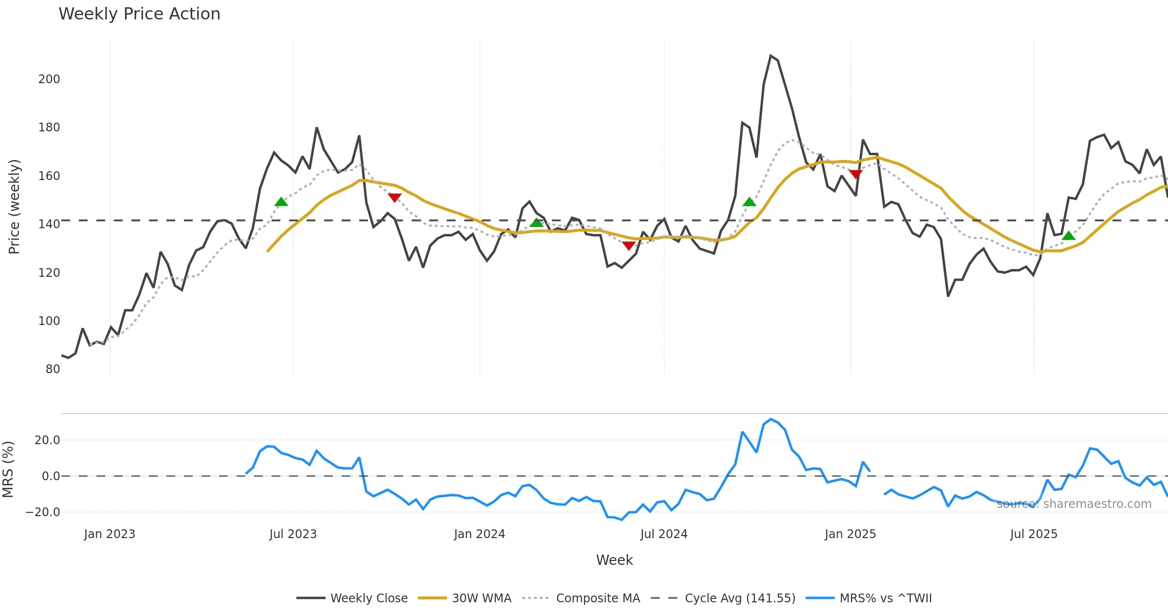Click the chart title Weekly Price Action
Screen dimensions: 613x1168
point(139,14)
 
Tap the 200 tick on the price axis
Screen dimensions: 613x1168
point(49,79)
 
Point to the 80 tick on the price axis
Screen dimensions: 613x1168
point(53,369)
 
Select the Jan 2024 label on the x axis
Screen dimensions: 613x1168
point(479,534)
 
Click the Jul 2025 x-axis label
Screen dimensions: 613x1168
point(1034,534)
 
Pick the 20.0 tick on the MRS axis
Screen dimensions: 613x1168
point(47,440)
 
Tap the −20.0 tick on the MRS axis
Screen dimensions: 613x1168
point(43,512)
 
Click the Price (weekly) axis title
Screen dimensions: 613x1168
point(14,207)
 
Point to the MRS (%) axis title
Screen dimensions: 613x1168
point(8,469)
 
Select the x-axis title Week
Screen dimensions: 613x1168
point(614,560)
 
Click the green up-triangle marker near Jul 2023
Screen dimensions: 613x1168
point(281,202)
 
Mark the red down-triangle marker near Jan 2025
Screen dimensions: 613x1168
point(856,174)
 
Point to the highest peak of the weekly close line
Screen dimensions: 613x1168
point(771,56)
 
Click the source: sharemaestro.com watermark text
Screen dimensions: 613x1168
point(1074,504)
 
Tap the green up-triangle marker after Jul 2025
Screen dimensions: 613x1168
point(1069,236)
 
